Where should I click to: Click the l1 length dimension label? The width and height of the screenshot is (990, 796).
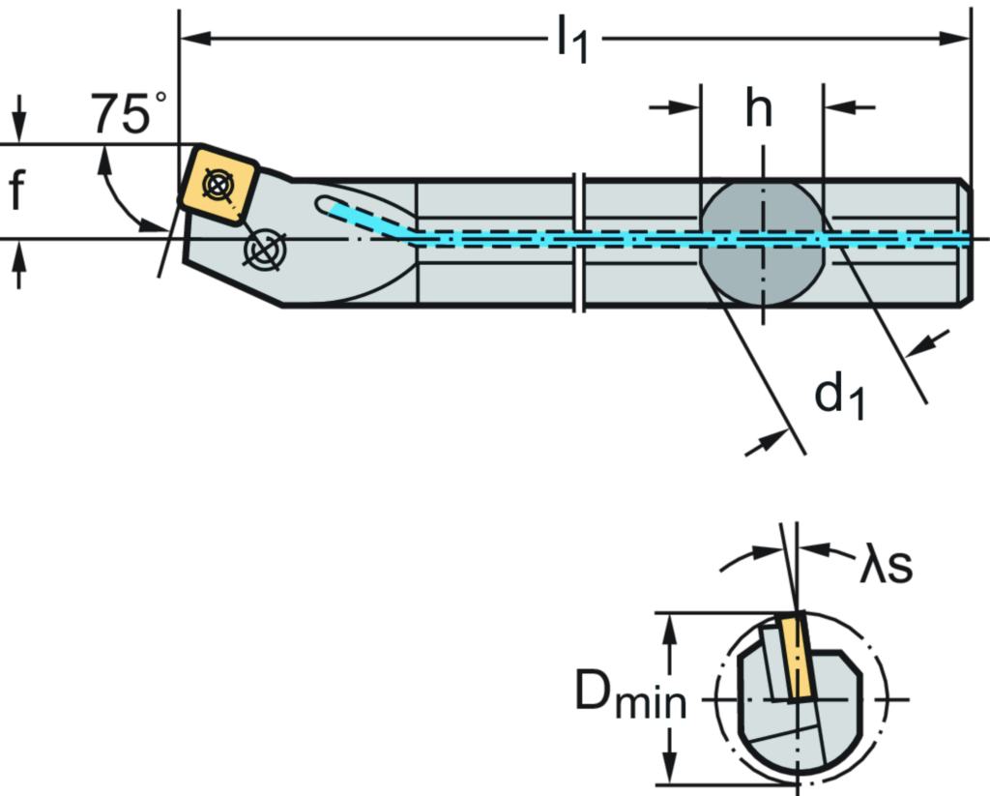[573, 44]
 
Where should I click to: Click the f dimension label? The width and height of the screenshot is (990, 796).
[16, 191]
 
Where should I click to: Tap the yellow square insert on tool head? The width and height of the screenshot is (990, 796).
[219, 184]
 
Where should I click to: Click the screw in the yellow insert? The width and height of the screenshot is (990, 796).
[219, 184]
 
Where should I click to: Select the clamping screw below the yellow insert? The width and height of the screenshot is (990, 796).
[264, 250]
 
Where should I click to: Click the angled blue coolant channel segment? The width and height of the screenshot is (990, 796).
[371, 219]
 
